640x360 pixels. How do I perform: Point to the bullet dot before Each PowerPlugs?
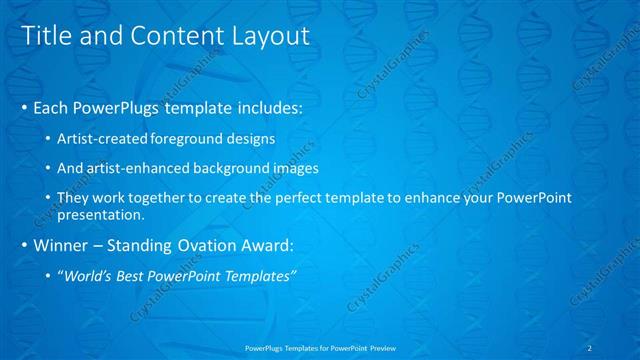25,107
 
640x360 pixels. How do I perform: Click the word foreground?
188,136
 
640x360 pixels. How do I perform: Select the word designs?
249,136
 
